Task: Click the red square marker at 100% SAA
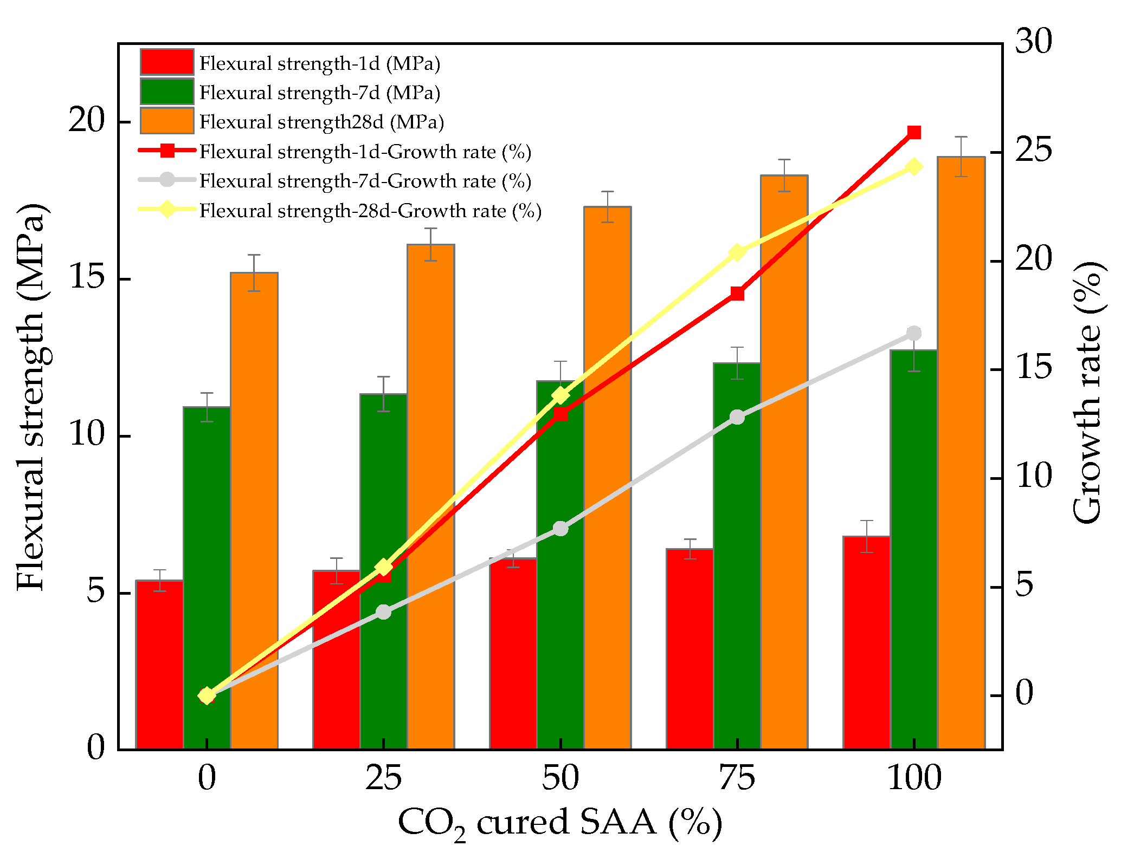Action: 914,133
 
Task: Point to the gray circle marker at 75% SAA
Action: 737,417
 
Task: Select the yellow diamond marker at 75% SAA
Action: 737,252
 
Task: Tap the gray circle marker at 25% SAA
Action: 383,612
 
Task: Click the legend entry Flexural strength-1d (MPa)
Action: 319,64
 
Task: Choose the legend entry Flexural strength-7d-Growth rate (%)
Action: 365,181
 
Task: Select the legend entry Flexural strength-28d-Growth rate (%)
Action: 370,210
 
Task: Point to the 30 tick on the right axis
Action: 1033,42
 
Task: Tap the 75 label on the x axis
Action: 737,779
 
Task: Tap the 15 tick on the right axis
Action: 1033,369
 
